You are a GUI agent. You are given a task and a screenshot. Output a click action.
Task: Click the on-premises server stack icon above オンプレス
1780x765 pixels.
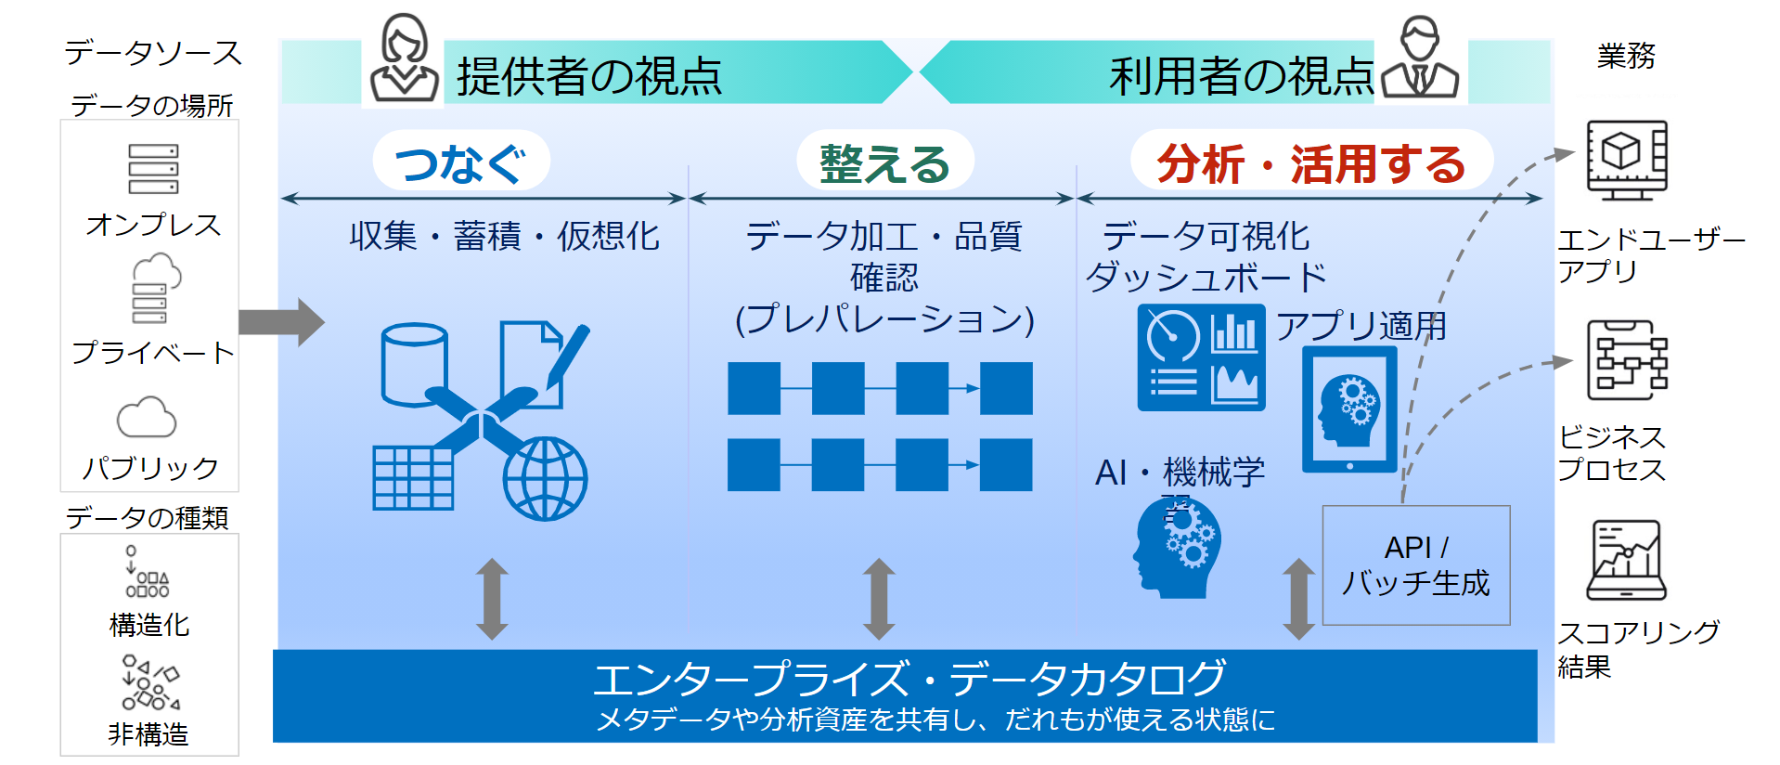coord(153,169)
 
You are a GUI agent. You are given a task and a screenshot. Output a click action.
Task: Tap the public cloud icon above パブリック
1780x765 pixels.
coord(147,418)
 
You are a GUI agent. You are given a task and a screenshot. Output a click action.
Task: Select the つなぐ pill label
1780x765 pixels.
coord(461,162)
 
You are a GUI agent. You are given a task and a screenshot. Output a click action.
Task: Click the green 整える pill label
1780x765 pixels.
coord(884,162)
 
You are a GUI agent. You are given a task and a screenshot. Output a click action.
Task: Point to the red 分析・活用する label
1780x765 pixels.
coord(1310,163)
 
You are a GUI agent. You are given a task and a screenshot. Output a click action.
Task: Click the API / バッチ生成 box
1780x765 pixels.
coord(1415,565)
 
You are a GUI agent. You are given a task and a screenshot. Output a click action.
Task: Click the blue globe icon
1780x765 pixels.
coord(545,478)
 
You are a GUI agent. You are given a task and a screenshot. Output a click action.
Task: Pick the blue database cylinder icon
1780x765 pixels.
coord(414,364)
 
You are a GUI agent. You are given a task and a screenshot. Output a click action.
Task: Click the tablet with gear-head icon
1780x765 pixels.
coord(1349,409)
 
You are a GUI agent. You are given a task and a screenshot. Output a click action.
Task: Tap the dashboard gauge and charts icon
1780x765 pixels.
coord(1201,357)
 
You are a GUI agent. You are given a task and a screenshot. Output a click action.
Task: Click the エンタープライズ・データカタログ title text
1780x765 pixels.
coord(909,679)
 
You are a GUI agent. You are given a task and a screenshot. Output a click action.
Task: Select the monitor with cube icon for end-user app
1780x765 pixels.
coord(1626,160)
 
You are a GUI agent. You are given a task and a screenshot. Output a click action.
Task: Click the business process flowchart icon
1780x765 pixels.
coord(1626,360)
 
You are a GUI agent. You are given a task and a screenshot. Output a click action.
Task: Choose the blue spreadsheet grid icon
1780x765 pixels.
coord(413,478)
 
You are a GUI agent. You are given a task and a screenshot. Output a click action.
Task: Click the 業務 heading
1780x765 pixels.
coord(1625,57)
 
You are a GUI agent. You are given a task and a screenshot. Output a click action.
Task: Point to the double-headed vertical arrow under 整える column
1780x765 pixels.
coord(878,599)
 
